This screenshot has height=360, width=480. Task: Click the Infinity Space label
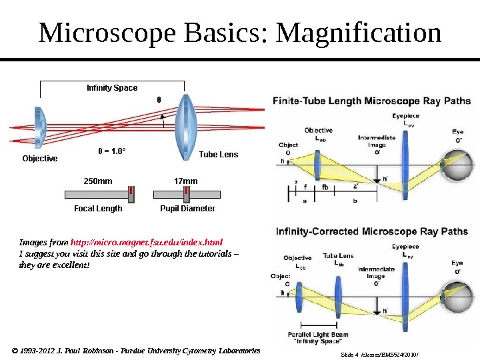pos(112,88)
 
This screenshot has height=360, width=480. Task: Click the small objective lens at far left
pos(39,126)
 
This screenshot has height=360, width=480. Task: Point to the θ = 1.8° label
pos(112,151)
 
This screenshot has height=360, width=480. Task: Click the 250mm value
pos(97,181)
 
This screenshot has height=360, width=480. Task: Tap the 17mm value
pos(185,181)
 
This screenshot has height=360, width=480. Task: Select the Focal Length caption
pos(98,209)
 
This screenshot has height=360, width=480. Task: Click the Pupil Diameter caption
pos(187,209)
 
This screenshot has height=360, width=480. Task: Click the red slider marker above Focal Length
pos(131,194)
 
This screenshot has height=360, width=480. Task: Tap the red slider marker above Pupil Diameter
pos(187,194)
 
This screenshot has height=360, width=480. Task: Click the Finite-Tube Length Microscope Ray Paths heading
pos(372,101)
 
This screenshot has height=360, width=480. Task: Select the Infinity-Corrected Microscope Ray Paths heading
pos(372,232)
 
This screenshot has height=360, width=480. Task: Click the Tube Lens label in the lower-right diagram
pos(338,259)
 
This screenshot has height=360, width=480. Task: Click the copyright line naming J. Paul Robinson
pos(136,350)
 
